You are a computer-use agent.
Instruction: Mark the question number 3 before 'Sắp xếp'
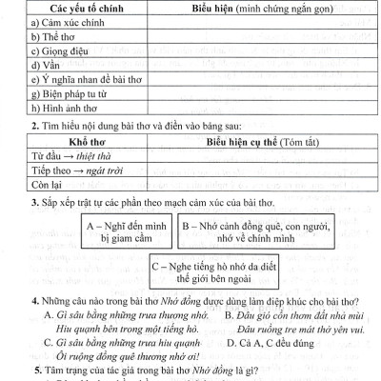click(x=35, y=202)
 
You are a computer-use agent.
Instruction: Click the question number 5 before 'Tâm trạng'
click(x=35, y=370)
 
